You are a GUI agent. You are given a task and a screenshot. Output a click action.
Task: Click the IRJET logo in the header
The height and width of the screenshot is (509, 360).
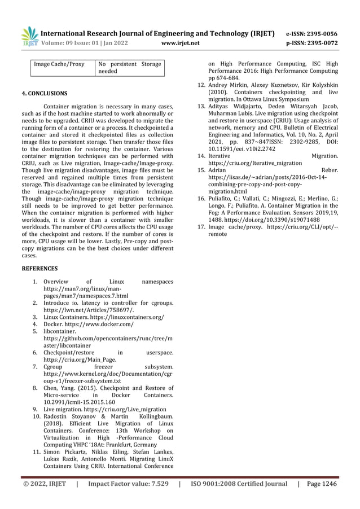[x=28, y=36]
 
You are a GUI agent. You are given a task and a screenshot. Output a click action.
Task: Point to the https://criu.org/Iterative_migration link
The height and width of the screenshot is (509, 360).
[x=255, y=162]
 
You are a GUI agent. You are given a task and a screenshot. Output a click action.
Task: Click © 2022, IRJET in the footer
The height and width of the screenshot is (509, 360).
[x=44, y=484]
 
